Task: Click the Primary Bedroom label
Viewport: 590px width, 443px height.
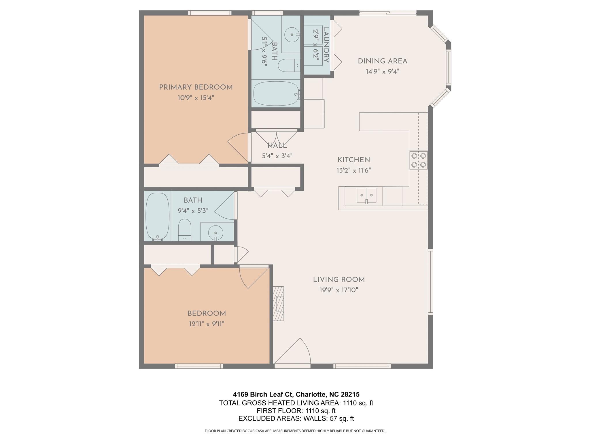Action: [196, 87]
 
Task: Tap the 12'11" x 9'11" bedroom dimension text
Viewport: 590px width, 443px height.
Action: [207, 324]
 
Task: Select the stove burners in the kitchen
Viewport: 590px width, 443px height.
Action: [418, 160]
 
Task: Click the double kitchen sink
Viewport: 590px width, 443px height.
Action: [366, 195]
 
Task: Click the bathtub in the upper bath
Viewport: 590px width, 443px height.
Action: [276, 94]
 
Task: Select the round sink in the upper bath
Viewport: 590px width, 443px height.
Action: [292, 35]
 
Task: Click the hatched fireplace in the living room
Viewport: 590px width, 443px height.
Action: [278, 303]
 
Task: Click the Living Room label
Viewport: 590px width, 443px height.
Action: [339, 279]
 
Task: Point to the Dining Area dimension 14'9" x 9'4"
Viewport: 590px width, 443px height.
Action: [382, 72]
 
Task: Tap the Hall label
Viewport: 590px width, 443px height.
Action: [277, 146]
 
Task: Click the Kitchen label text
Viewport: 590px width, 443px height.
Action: [353, 160]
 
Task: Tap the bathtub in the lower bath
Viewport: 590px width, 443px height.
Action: [157, 216]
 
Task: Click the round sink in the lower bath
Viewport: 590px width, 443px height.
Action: [215, 232]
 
